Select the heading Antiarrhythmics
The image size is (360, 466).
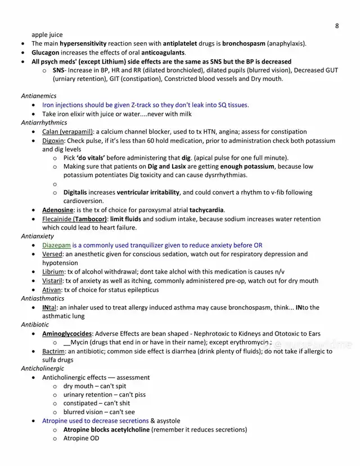click(44, 123)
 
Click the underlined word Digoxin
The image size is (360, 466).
click(53, 141)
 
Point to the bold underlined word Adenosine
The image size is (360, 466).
click(58, 210)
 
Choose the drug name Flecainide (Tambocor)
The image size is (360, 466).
click(74, 219)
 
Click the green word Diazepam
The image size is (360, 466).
click(56, 245)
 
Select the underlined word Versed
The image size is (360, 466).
click(52, 254)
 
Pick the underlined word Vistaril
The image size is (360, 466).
click(53, 281)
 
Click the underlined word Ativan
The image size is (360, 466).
click(52, 290)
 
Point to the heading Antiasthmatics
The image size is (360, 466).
click(43, 298)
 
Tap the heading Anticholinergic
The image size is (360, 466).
click(43, 369)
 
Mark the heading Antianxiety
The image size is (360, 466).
click(38, 236)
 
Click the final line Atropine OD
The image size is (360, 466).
click(81, 438)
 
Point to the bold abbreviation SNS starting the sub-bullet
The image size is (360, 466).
click(58, 70)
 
